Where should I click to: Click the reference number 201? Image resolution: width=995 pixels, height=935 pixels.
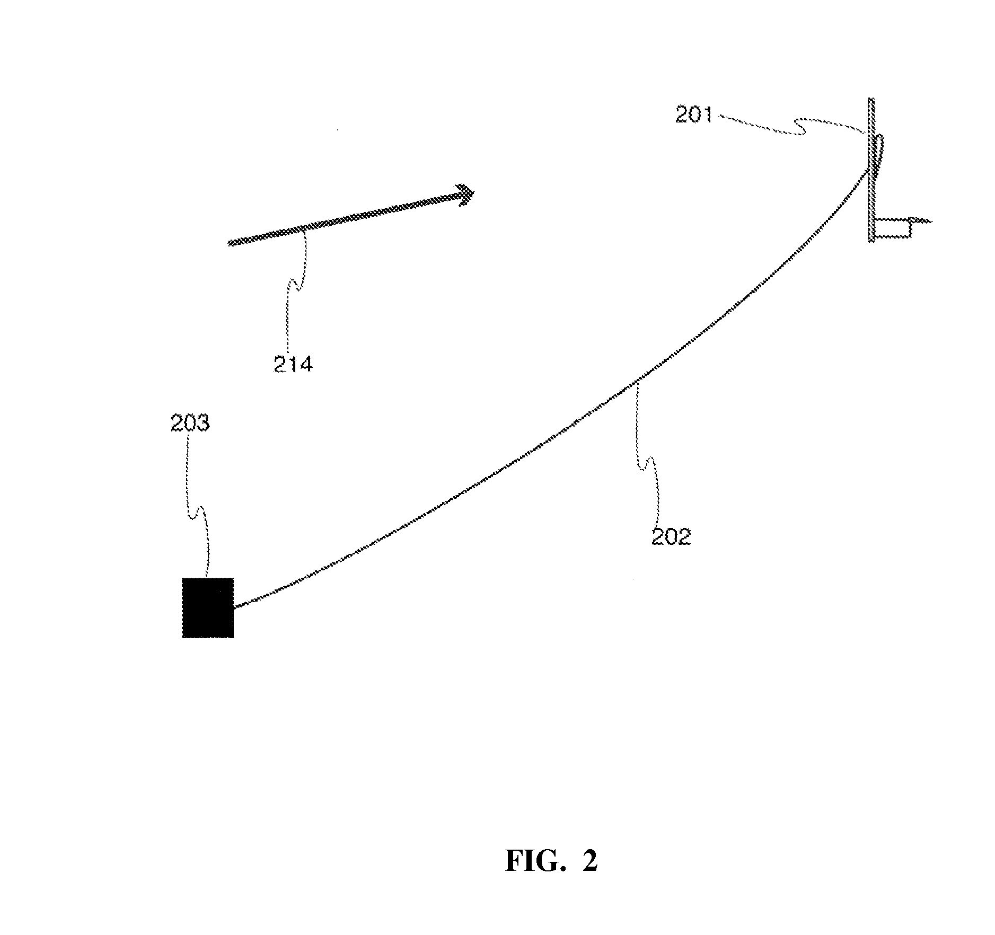693,114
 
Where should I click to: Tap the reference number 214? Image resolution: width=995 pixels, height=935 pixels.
293,365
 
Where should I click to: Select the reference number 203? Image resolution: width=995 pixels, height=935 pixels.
190,424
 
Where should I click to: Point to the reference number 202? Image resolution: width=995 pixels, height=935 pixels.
671,537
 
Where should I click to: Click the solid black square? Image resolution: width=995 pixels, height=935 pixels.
208,607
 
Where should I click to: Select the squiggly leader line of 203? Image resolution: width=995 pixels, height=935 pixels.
197,509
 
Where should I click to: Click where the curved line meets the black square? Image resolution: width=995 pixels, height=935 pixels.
234,606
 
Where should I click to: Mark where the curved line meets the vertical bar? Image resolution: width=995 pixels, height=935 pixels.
868,170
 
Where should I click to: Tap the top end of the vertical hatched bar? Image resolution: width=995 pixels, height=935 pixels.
870,101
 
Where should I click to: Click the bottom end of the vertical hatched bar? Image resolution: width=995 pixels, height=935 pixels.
871,240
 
